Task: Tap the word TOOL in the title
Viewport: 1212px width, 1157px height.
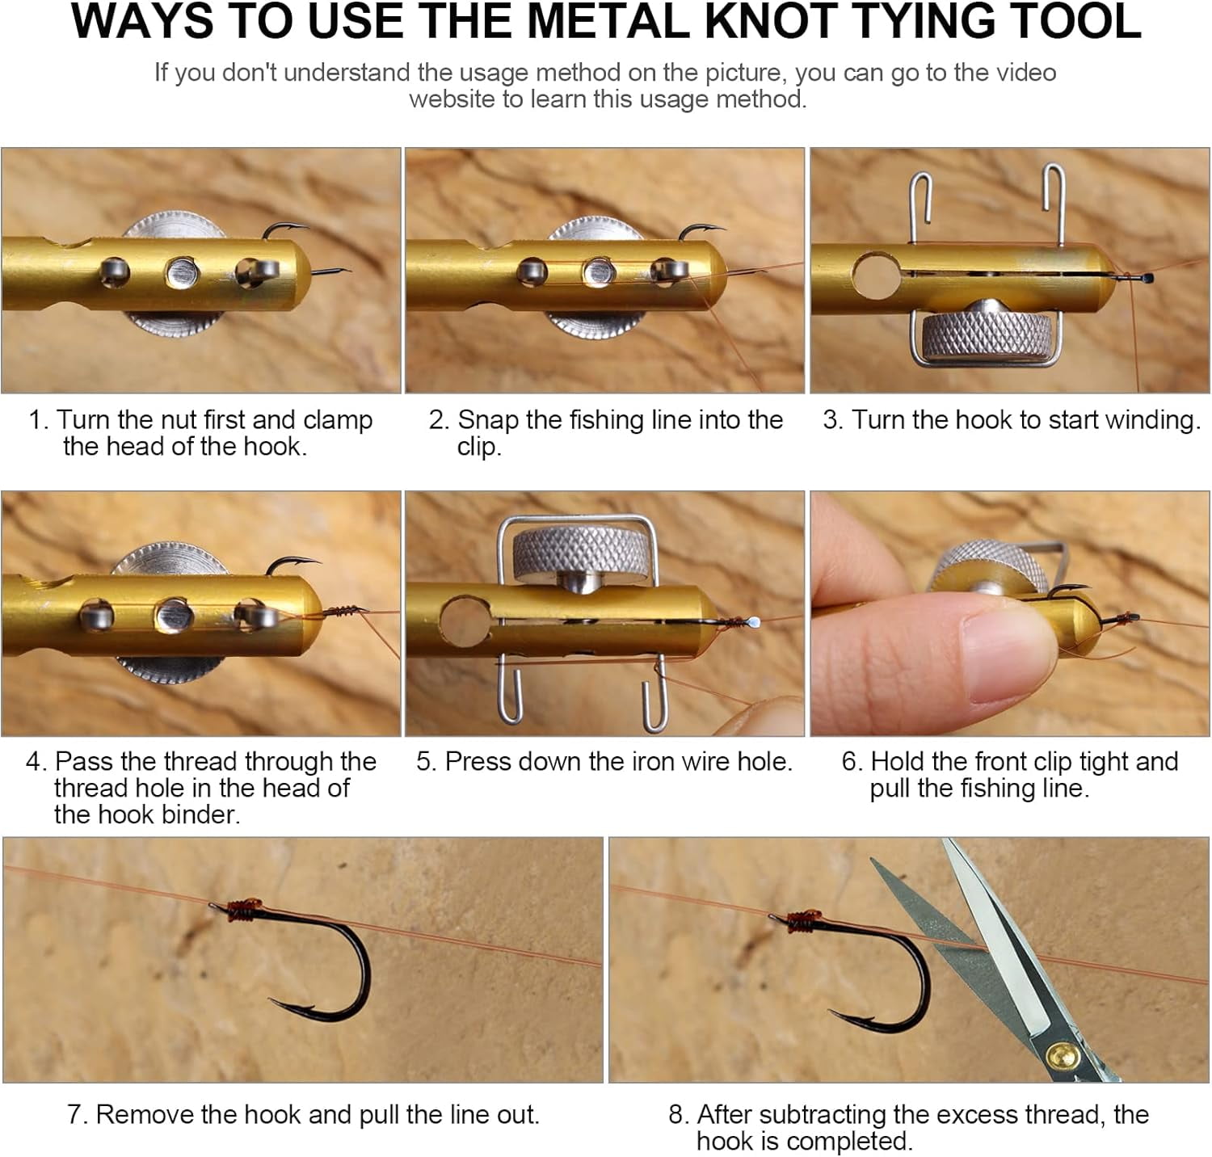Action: (x=1063, y=21)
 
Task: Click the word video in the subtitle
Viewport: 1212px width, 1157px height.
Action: (x=1024, y=73)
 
